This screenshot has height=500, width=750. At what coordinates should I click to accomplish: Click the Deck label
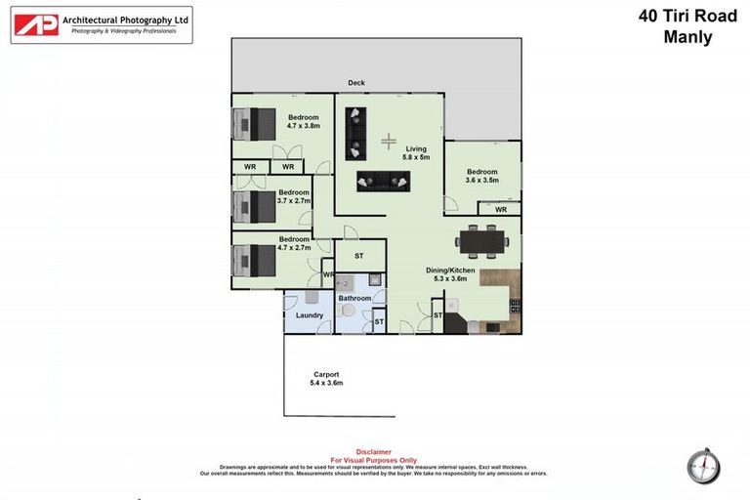tap(356, 83)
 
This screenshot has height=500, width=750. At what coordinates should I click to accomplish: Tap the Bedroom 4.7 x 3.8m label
tap(303, 121)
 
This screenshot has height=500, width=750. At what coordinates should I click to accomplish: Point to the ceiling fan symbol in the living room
tap(389, 141)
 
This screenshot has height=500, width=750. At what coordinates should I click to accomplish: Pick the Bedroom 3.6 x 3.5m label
tap(481, 175)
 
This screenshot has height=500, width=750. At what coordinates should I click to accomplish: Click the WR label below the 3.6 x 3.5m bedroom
tap(500, 209)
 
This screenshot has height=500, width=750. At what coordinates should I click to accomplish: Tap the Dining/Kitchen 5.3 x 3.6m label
tap(450, 273)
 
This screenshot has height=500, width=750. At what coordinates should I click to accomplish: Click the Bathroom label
tap(354, 298)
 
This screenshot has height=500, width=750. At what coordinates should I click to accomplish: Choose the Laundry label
tap(310, 315)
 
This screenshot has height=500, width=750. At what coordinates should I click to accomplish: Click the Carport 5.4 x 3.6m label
tap(327, 378)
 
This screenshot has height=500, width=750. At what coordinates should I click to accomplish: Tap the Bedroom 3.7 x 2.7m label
tap(294, 196)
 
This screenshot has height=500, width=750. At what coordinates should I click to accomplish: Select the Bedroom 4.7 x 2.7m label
tap(294, 243)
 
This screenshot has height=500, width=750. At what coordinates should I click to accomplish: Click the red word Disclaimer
tap(373, 451)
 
